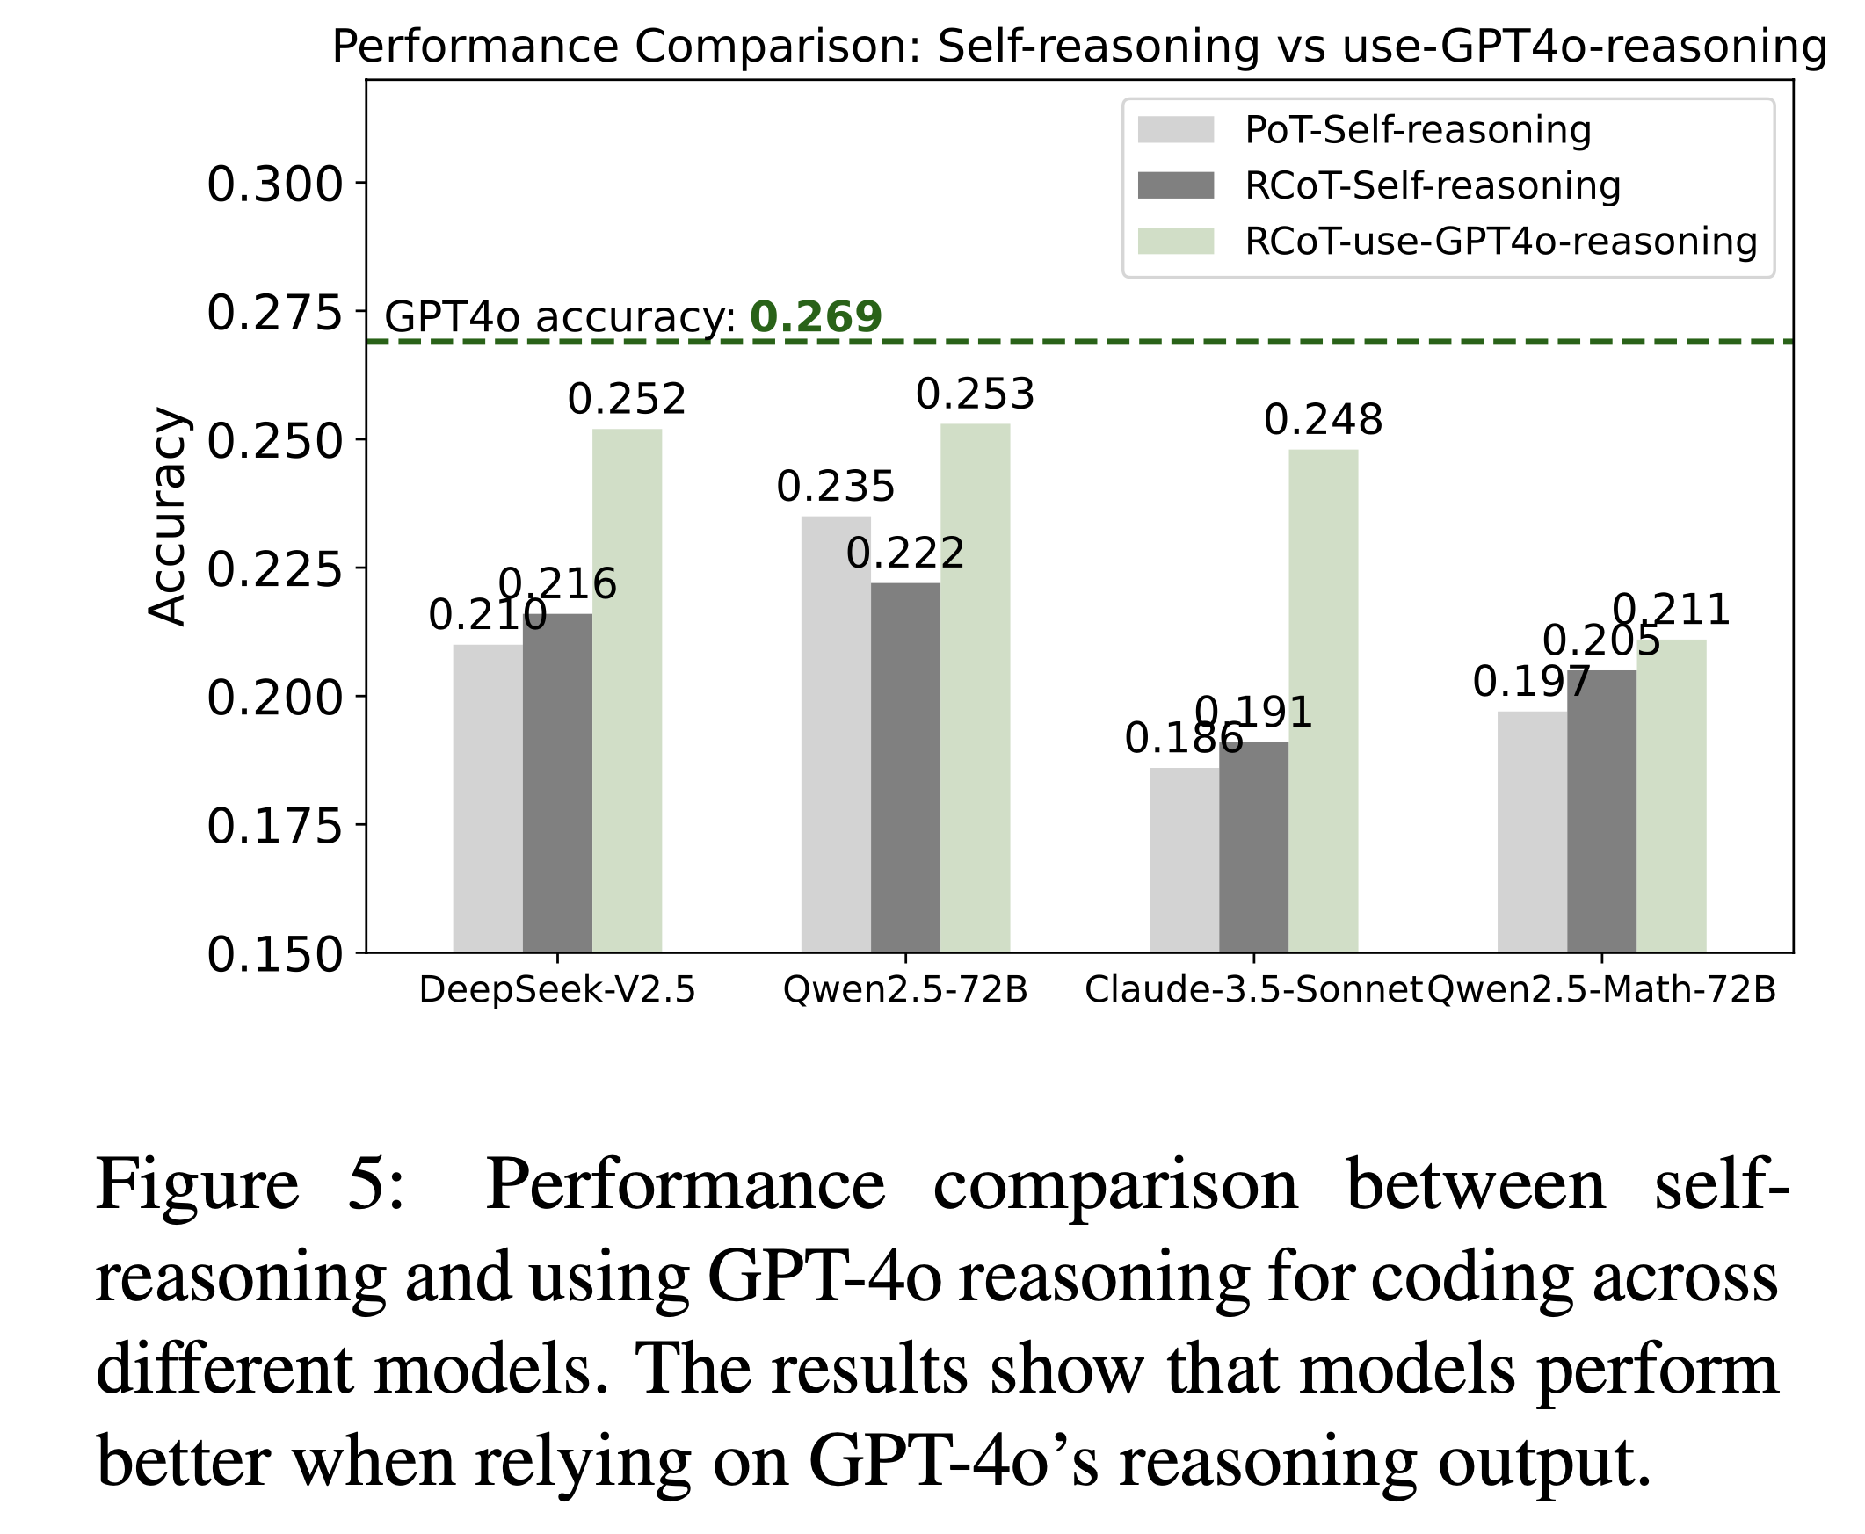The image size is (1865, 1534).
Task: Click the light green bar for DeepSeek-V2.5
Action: coord(627,689)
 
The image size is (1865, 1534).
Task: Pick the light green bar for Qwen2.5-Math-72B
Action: coord(1671,795)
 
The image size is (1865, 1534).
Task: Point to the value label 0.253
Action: coord(974,394)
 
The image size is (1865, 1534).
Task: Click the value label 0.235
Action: coord(835,487)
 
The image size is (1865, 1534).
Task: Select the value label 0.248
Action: coord(1323,420)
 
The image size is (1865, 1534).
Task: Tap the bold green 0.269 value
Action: coord(815,316)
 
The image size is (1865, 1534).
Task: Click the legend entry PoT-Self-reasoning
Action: coord(1417,130)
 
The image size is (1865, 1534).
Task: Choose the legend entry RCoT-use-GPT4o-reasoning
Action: coord(1500,242)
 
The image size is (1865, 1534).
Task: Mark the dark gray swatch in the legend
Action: coord(1176,185)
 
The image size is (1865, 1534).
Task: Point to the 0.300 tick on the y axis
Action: coord(274,185)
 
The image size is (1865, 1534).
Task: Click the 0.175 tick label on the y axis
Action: coord(274,826)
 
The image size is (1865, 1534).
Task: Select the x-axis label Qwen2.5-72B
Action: coord(905,989)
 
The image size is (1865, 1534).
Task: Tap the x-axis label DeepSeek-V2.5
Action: coord(557,989)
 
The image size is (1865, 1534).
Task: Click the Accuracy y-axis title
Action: coord(167,516)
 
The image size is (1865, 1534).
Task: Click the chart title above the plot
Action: coord(1078,46)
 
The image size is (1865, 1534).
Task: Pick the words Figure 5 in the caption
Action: coord(250,1184)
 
